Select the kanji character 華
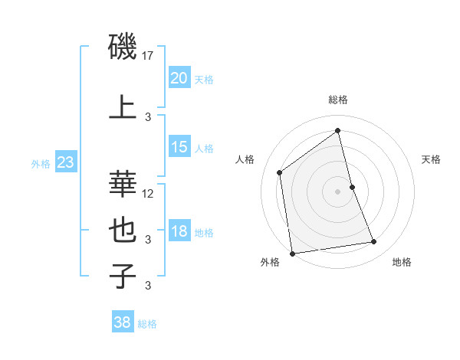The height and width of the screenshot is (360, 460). tap(123, 182)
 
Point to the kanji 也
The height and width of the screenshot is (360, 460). tap(123, 227)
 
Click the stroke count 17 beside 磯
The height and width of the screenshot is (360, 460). tap(149, 56)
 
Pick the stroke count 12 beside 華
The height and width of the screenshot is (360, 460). tap(149, 193)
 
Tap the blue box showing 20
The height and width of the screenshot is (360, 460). tap(179, 78)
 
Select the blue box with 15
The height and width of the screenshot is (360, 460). tap(179, 147)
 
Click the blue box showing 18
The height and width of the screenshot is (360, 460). tap(179, 231)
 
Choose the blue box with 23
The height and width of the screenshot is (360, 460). tap(65, 162)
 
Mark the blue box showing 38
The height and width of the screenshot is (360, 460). tap(122, 322)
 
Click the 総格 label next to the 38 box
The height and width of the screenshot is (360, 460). tap(147, 324)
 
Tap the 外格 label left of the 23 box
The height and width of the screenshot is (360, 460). tap(41, 163)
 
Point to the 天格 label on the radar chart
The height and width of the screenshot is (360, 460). tap(431, 159)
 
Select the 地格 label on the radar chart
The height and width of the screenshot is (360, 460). tap(402, 262)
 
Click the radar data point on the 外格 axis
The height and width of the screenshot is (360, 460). tap(292, 253)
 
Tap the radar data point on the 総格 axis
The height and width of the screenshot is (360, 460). tap(337, 131)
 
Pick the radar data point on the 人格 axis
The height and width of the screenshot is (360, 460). tap(280, 172)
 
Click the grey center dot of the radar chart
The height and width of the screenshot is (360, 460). tap(337, 191)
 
